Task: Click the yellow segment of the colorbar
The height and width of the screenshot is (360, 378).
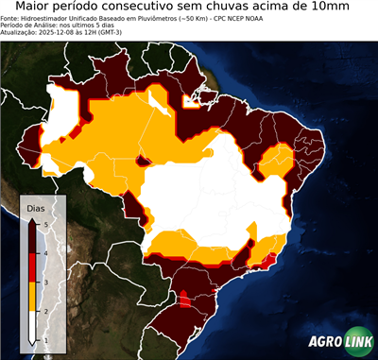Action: tap(33, 296)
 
